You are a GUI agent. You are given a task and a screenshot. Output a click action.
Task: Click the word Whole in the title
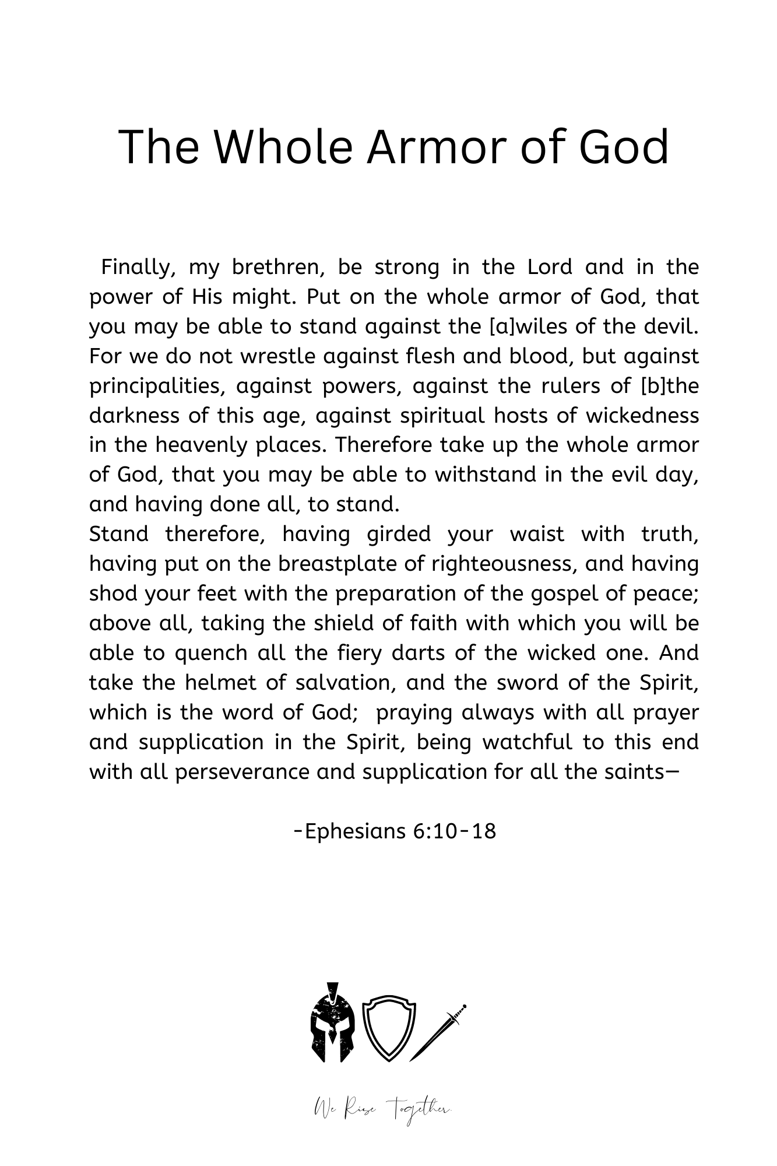click(x=284, y=147)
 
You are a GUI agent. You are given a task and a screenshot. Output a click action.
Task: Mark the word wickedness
click(x=642, y=416)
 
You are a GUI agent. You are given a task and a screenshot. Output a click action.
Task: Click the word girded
click(x=399, y=534)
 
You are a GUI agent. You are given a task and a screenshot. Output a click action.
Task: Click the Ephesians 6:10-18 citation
click(x=395, y=831)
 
